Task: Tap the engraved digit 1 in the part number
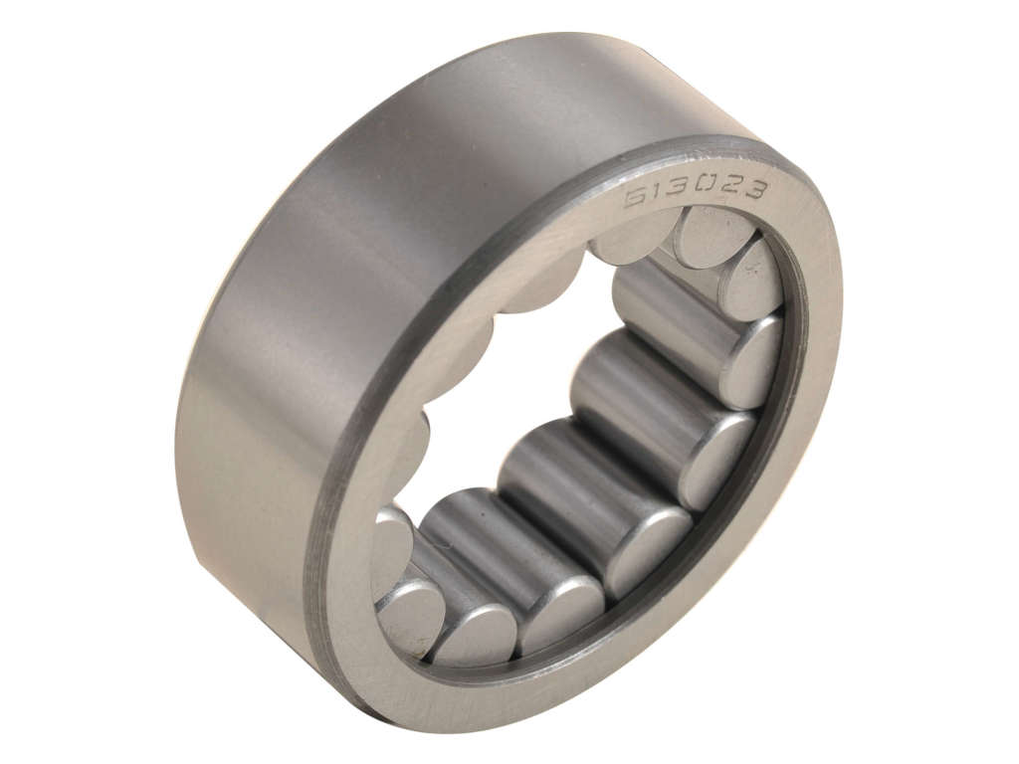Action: coord(657,194)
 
